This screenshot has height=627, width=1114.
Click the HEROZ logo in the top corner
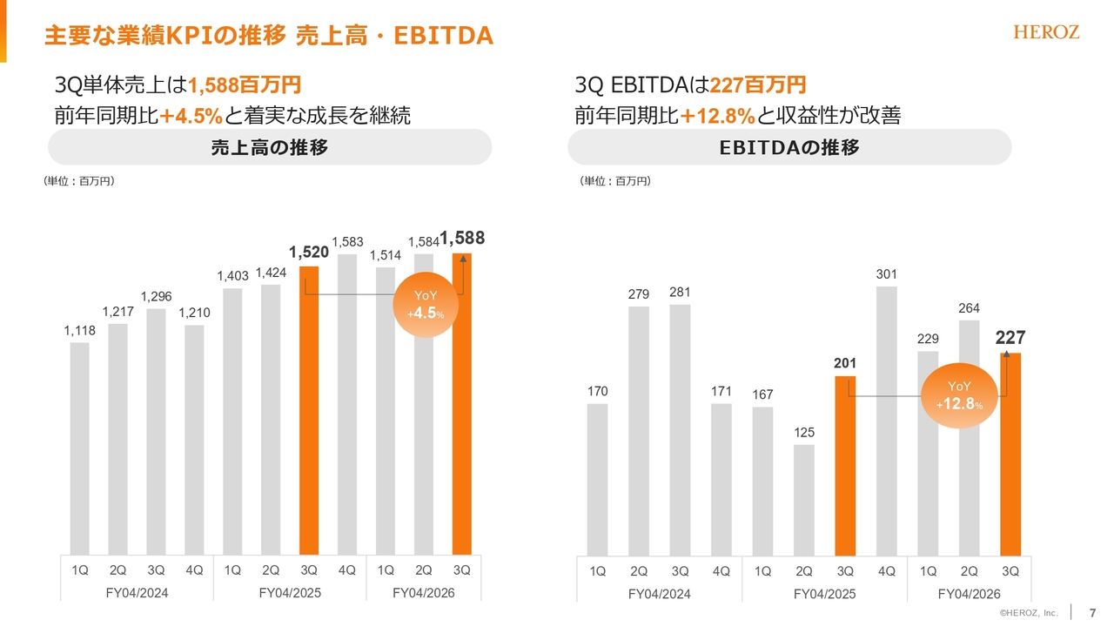click(1046, 32)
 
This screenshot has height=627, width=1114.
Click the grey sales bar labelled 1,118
click(79, 448)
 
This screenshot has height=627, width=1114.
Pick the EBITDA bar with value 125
click(803, 500)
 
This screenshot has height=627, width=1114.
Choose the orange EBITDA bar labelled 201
click(844, 466)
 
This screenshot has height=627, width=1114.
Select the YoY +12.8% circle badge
click(959, 395)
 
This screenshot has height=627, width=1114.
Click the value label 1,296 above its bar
click(156, 297)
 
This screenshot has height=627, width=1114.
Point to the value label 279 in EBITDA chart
click(639, 295)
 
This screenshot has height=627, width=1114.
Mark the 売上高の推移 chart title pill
click(270, 147)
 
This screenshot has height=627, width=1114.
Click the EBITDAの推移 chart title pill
click(789, 147)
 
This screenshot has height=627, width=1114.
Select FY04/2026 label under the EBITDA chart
click(969, 594)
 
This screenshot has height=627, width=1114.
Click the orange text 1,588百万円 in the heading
click(245, 85)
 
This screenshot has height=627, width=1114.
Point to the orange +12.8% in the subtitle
click(717, 115)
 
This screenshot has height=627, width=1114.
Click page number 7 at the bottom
click(1092, 613)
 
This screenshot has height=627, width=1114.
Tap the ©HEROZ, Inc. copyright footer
click(1028, 614)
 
